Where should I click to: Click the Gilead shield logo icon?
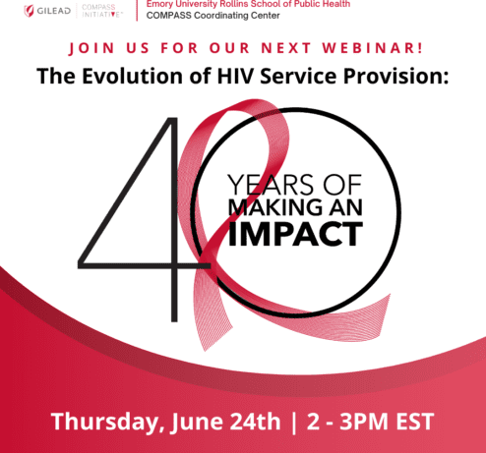coord(29,11)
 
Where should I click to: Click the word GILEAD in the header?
coord(54,11)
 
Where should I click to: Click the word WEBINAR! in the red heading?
coord(373,48)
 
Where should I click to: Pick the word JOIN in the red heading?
coord(91,48)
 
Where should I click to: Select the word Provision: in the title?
coord(395,76)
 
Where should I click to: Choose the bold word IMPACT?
coord(295,234)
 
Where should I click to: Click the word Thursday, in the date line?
coord(105,422)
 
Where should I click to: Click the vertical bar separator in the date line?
coord(293,423)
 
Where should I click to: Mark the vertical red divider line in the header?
coord(137,11)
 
